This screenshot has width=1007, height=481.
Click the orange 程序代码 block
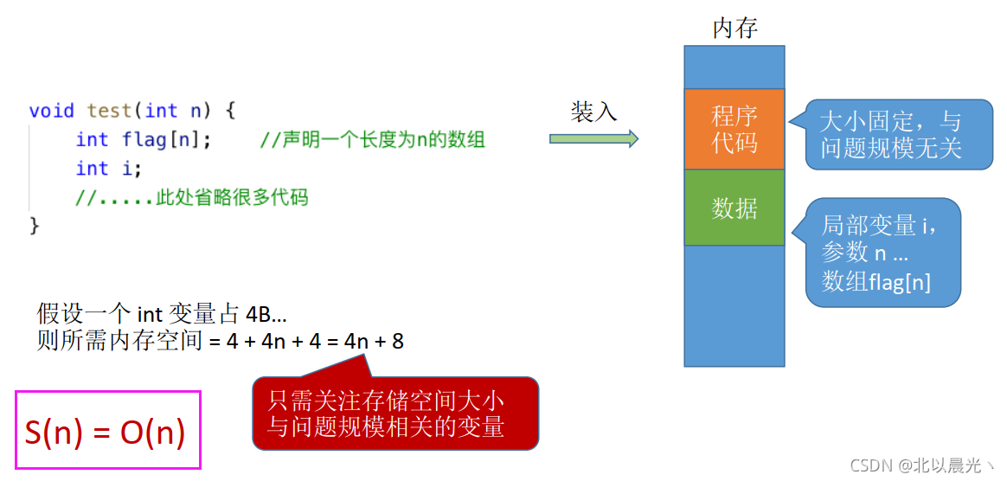(x=734, y=129)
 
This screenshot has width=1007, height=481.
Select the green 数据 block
(x=734, y=208)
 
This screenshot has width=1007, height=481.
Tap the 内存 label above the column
(x=734, y=28)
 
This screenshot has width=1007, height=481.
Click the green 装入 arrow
(x=593, y=138)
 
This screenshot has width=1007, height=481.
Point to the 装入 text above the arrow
(x=593, y=112)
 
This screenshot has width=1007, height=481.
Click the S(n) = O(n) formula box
(x=107, y=431)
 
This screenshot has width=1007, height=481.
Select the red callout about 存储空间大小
(x=395, y=414)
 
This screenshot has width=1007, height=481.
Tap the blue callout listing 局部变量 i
(x=882, y=253)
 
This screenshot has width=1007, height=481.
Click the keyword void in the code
(x=51, y=111)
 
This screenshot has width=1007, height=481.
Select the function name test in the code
(x=109, y=111)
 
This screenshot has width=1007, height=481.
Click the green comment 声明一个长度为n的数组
(x=372, y=139)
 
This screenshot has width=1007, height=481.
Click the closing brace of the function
(x=35, y=226)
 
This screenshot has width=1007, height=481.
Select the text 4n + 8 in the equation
(x=374, y=341)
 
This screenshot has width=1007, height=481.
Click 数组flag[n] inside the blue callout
(x=876, y=281)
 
